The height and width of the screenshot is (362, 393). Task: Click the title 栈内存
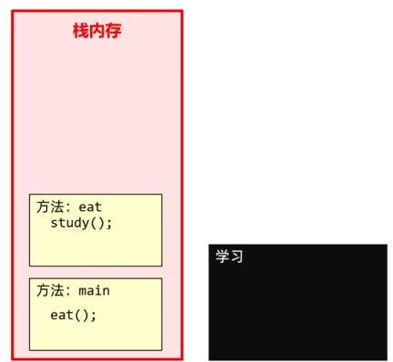96,31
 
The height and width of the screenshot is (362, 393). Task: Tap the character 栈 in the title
81,31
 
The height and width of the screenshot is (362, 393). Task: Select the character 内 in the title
96,31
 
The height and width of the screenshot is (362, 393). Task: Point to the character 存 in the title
113,31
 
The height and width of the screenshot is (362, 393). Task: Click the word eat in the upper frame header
90,206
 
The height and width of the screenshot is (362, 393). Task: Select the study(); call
81,223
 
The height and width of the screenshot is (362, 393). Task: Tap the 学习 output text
229,256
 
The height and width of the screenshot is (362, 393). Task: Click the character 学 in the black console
222,256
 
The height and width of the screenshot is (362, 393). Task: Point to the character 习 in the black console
237,256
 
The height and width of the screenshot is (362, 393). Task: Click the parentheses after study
99,223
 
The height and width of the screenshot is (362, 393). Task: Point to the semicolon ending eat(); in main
93,316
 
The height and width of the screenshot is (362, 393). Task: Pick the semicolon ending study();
109,224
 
